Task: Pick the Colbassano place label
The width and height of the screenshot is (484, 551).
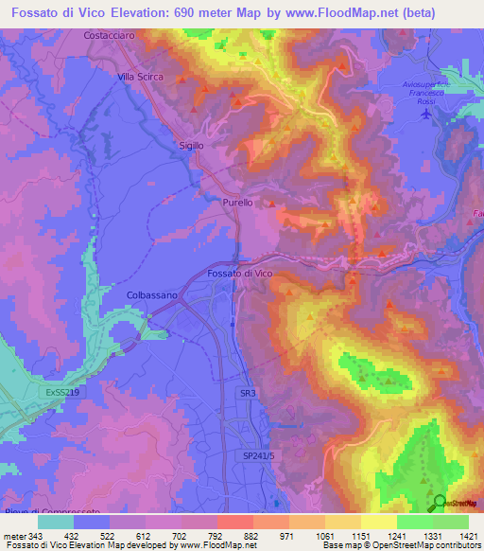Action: tap(152, 295)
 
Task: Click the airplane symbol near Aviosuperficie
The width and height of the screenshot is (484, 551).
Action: tap(427, 114)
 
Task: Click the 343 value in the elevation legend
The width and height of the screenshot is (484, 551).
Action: tap(25, 536)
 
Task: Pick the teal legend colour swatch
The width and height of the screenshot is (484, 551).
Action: tap(56, 521)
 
